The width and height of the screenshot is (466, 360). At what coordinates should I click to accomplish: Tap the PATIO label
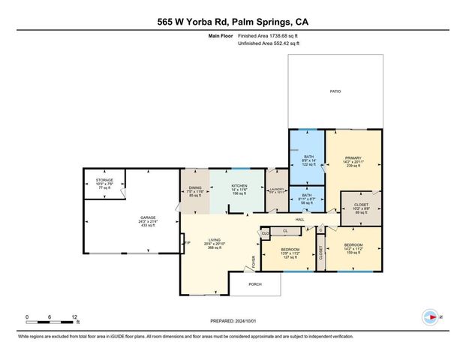click(x=335, y=91)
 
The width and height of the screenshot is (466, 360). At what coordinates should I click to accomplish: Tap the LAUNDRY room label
click(x=277, y=190)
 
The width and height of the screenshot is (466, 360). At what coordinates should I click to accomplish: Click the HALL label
click(x=299, y=219)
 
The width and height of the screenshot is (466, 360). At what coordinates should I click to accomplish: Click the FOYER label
click(x=254, y=262)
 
